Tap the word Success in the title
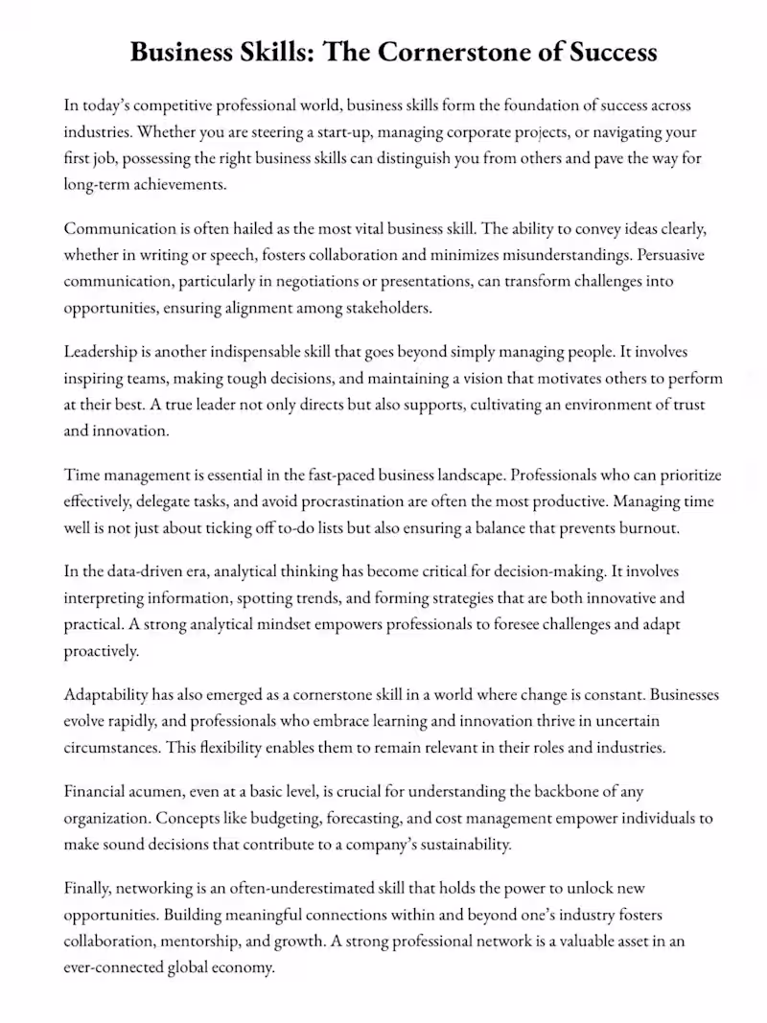click(x=608, y=52)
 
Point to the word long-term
click(x=97, y=183)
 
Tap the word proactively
click(x=102, y=650)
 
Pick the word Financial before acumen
click(x=99, y=792)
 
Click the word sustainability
click(x=456, y=845)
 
